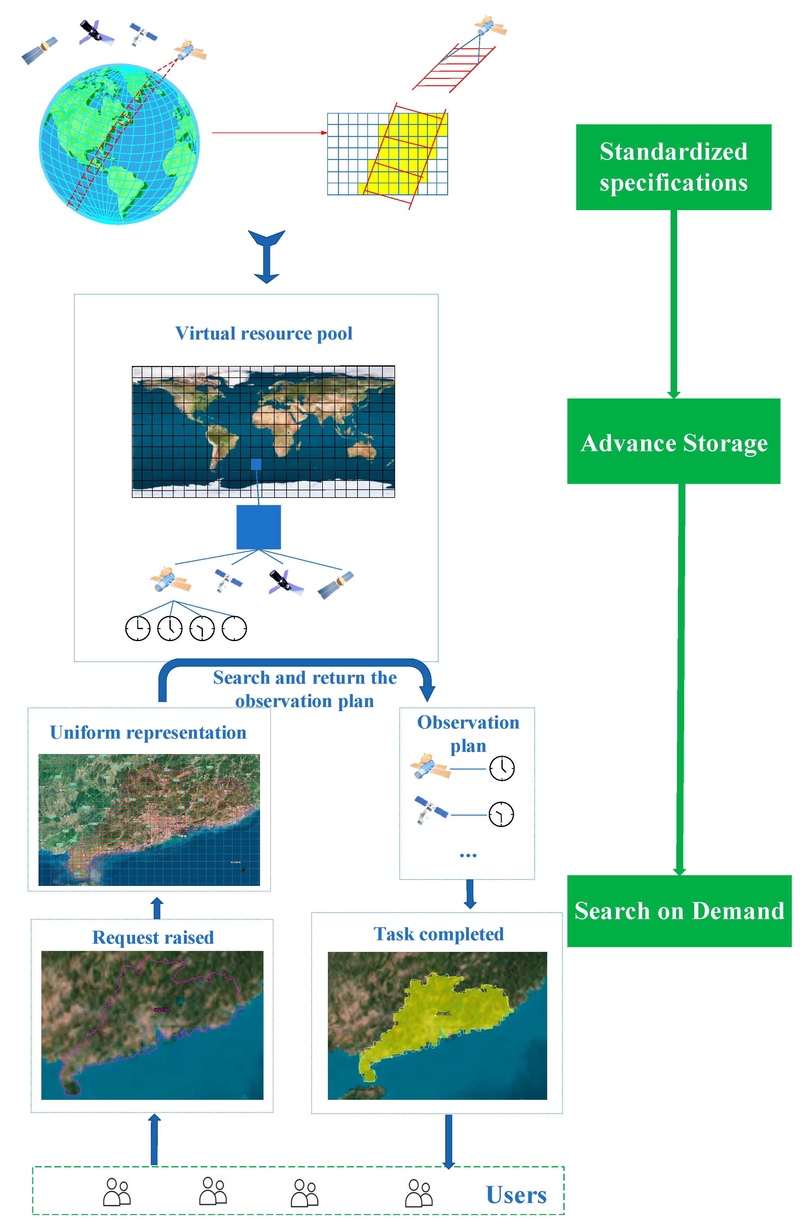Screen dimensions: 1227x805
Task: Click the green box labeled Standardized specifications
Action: pos(673,167)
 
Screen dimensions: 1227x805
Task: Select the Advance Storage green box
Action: pos(673,441)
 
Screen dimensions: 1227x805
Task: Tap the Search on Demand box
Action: pos(679,911)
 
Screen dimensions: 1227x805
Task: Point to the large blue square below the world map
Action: pos(258,527)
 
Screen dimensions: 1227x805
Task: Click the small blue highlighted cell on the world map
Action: pos(256,464)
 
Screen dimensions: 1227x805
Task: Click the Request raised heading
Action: pos(153,937)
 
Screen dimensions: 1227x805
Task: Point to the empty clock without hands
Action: pos(234,628)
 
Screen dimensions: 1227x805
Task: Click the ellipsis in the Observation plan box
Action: pos(468,855)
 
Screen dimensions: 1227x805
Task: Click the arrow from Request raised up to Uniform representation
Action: pos(157,908)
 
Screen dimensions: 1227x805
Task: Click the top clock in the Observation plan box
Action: pos(502,768)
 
